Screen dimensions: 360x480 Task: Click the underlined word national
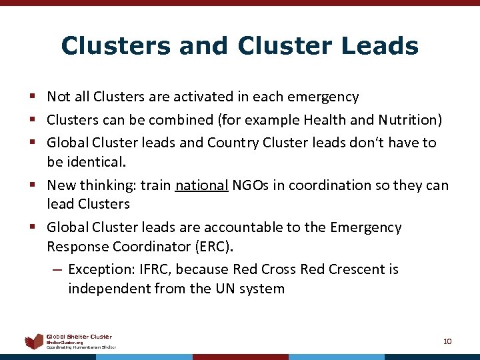[202, 185]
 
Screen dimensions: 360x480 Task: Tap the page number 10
[447, 341]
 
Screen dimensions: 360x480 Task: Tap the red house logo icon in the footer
[34, 341]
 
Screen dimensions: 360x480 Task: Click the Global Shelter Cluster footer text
[79, 337]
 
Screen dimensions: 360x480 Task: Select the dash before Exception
[57, 270]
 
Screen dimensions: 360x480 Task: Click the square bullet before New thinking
[33, 185]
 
